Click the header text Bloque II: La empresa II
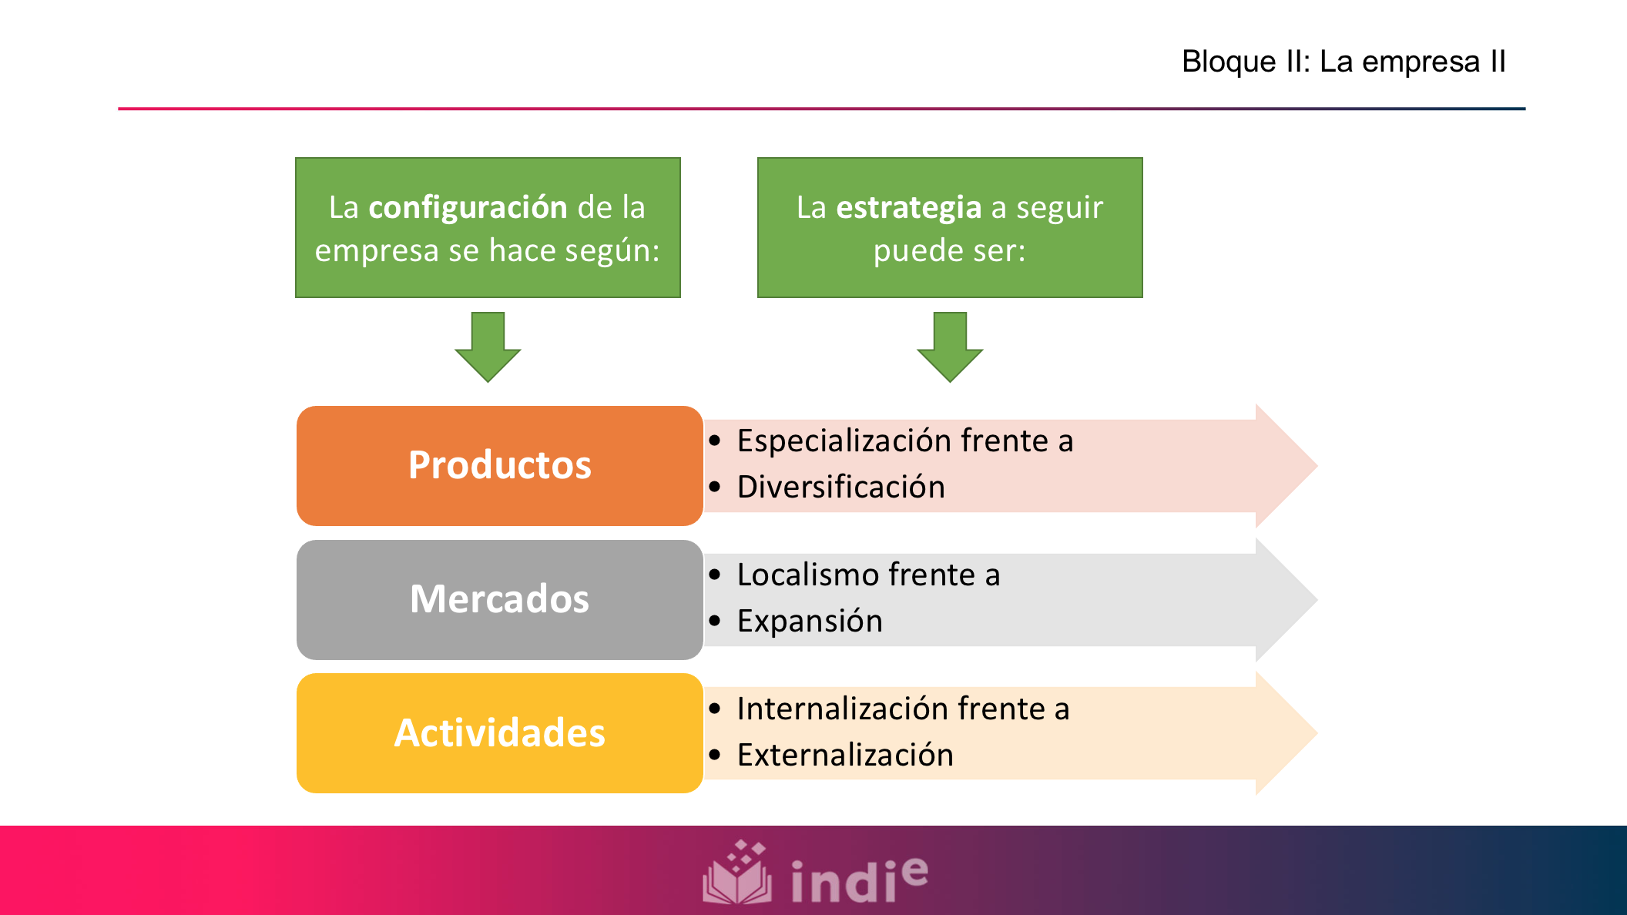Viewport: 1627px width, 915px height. [1344, 62]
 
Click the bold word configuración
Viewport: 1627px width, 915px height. [468, 208]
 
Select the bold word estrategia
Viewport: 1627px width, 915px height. [908, 208]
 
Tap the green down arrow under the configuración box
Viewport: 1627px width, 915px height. [488, 347]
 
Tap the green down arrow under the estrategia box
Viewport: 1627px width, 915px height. [950, 347]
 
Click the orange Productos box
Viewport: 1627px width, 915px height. [499, 466]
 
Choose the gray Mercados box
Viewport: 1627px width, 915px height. [499, 600]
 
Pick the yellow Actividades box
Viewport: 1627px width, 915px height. [499, 733]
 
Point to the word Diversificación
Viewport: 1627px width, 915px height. [840, 488]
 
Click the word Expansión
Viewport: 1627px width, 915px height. [810, 622]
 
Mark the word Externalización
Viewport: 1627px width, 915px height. [845, 756]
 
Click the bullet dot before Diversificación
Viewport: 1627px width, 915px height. [715, 488]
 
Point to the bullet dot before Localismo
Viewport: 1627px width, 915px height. [715, 575]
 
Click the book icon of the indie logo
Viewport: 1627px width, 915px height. [737, 873]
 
